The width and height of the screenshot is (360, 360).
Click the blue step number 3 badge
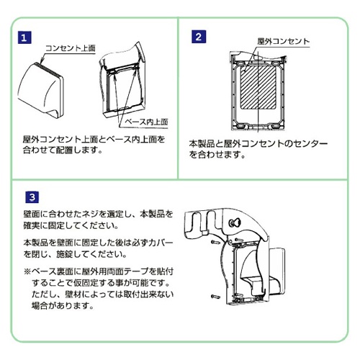coord(33,196)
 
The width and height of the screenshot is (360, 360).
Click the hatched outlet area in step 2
coord(258,86)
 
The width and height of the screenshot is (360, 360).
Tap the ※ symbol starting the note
coord(27,272)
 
